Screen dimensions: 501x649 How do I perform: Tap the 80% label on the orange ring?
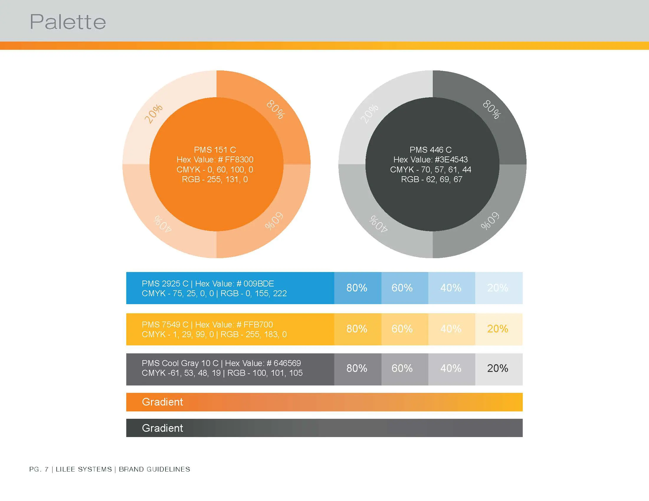pyautogui.click(x=276, y=109)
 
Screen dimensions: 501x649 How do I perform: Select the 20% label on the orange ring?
pyautogui.click(x=153, y=113)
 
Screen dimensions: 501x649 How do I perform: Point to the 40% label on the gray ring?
pyautogui.click(x=378, y=223)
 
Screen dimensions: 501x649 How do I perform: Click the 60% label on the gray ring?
pyautogui.click(x=490, y=221)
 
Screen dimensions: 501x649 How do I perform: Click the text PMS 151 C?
pyautogui.click(x=215, y=150)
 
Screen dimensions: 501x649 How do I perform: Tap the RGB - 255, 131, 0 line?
pyautogui.click(x=215, y=179)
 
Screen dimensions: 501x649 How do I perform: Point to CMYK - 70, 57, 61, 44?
pyautogui.click(x=431, y=169)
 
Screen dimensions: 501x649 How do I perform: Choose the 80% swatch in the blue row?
pyautogui.click(x=357, y=288)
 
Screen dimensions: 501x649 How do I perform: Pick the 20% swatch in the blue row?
pyautogui.click(x=498, y=288)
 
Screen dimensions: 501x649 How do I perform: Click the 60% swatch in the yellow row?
pyautogui.click(x=402, y=329)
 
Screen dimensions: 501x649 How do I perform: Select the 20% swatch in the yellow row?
pyautogui.click(x=498, y=329)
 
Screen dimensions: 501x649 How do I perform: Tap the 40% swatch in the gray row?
pyautogui.click(x=451, y=368)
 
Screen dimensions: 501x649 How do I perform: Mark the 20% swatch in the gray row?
pyautogui.click(x=498, y=368)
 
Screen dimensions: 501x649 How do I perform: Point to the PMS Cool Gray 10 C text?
pyautogui.click(x=180, y=363)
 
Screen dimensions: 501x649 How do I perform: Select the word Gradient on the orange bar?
pyautogui.click(x=163, y=402)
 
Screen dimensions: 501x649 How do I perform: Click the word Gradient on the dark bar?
pyautogui.click(x=163, y=428)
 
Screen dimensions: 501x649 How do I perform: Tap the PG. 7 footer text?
pyautogui.click(x=39, y=469)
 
